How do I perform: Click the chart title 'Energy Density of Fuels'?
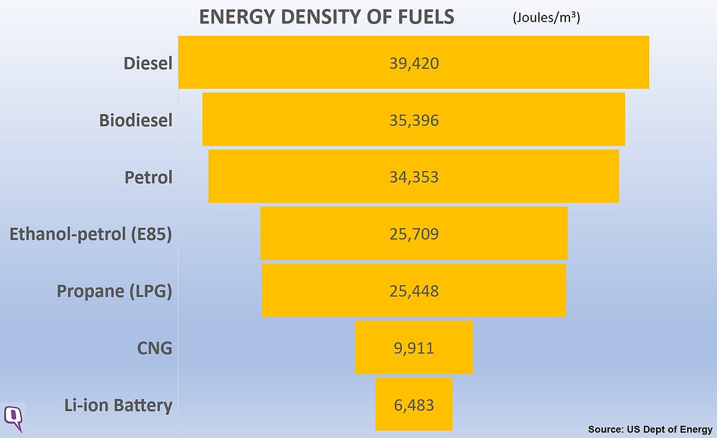326,17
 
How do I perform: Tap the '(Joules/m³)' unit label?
546,18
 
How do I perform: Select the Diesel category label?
148,63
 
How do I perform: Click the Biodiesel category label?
136,120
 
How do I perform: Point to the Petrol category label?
148,177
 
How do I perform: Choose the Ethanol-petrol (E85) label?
91,234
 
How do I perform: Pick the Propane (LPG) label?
114,291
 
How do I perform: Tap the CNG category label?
154,348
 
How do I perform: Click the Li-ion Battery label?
118,405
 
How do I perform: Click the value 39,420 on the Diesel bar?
414,63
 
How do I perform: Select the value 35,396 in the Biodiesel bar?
414,120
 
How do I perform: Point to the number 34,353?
414,177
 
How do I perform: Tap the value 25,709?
414,234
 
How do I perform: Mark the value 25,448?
414,291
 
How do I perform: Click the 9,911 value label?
414,348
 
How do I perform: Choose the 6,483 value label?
414,405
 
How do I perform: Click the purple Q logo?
14,417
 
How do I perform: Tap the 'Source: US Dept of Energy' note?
650,429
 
